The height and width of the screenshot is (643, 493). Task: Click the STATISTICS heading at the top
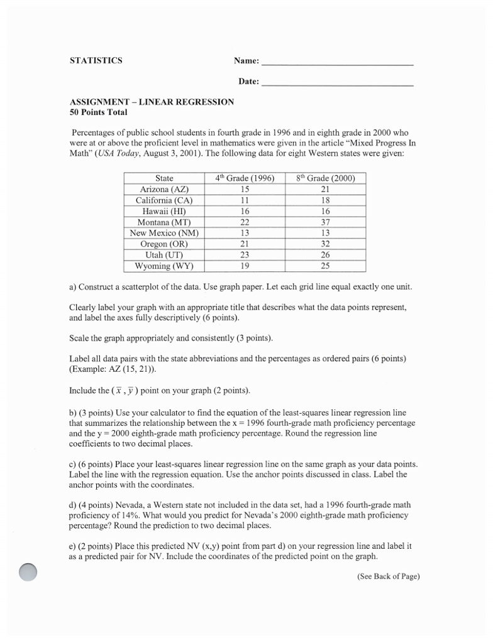[x=96, y=61]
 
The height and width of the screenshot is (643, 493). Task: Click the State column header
[x=164, y=178]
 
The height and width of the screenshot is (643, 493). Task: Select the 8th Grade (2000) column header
[x=325, y=178]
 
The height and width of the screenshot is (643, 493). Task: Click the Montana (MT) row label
[x=164, y=222]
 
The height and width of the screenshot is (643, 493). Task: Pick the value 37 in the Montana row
[x=325, y=222]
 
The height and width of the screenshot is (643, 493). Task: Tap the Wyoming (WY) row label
[x=164, y=266]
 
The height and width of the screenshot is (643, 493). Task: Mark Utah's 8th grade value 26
[x=325, y=255]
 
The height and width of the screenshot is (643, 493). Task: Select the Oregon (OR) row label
[x=164, y=244]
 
